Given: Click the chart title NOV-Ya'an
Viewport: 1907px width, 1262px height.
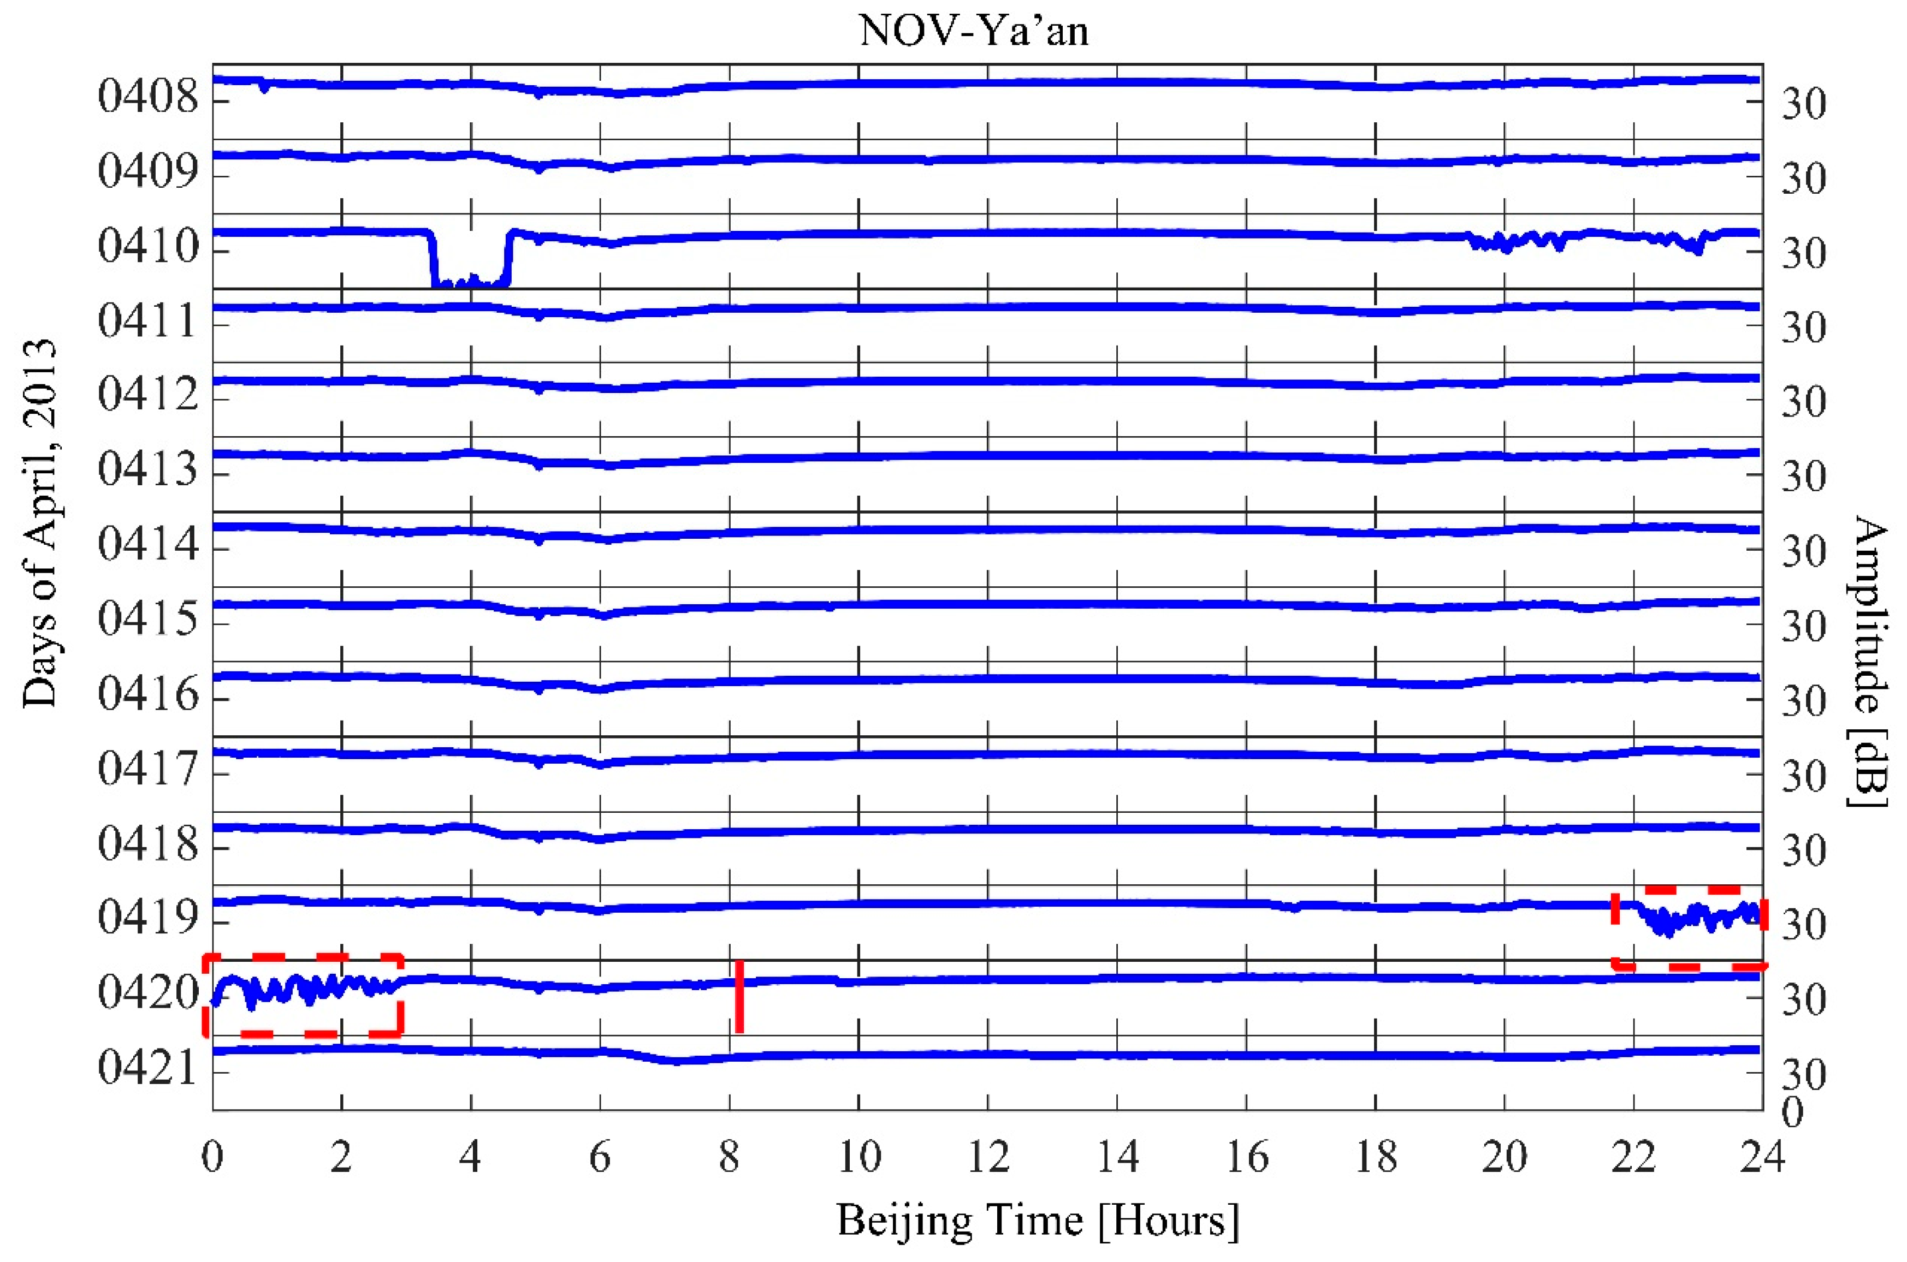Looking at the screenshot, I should coord(974,32).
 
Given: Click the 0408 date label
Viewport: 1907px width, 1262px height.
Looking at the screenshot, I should coord(148,97).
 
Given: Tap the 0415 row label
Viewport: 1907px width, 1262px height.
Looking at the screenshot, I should coord(148,619).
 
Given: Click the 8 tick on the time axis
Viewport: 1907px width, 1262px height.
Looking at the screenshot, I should coord(729,1157).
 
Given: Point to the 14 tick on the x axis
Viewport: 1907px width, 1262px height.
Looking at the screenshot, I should coord(1117,1157).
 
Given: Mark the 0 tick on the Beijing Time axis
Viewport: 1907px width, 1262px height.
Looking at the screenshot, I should coord(212,1157).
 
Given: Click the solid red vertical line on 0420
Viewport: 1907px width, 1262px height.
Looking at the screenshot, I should coord(739,996).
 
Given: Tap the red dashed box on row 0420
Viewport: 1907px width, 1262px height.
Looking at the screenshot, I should coord(303,994).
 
